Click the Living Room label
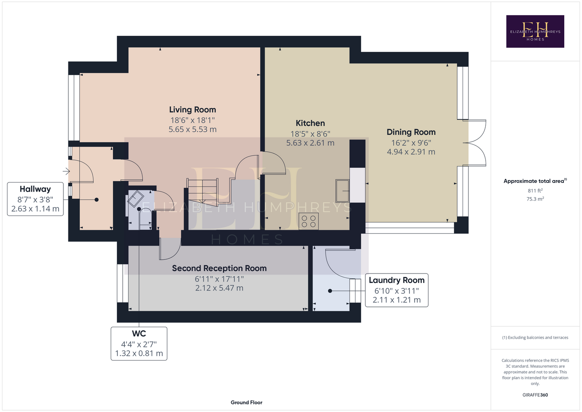point(192,110)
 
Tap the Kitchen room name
point(310,123)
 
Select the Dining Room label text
point(411,132)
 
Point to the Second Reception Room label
point(219,268)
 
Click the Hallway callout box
point(35,199)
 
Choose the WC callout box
point(139,344)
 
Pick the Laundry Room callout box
point(397,290)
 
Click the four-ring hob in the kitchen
point(309,221)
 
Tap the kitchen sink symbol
point(342,191)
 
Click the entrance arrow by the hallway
point(66,171)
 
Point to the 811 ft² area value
point(535,190)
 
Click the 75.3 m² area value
point(535,199)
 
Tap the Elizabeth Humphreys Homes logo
point(535,31)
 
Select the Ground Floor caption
point(247,403)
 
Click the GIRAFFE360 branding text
point(535,395)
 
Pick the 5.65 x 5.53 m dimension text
point(192,129)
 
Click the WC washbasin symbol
point(136,199)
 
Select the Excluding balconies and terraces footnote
point(535,337)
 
